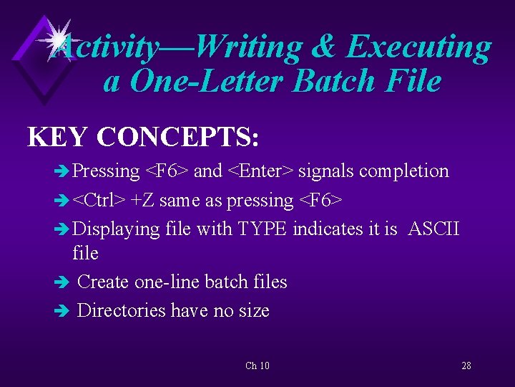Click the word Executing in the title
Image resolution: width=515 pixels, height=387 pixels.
(x=419, y=48)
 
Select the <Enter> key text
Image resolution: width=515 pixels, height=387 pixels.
(x=260, y=171)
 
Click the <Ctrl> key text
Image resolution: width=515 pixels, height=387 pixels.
(x=99, y=201)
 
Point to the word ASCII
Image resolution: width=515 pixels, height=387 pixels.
(x=433, y=229)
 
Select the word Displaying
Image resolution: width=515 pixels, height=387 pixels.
(x=116, y=230)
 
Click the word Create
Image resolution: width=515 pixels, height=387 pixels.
(x=103, y=282)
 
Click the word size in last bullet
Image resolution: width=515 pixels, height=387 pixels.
(x=255, y=311)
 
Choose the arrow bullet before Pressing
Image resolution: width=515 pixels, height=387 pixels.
(x=63, y=172)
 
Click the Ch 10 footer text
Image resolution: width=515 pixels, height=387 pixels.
(x=257, y=366)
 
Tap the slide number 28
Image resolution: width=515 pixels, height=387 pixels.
(x=466, y=366)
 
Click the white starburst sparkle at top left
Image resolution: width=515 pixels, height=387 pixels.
(x=56, y=37)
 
